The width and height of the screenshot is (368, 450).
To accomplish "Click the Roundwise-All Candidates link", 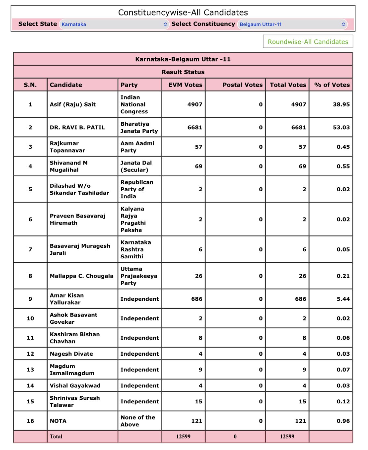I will pos(308,42).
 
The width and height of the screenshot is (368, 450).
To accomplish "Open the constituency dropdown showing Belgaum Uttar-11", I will pos(292,24).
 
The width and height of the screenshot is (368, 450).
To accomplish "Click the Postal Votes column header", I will pos(242,85).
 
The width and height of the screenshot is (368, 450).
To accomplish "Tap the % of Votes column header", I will pos(332,85).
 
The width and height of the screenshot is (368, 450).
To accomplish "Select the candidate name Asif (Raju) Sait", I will pos(73,104).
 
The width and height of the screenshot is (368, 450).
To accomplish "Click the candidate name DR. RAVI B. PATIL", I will pos(77,128).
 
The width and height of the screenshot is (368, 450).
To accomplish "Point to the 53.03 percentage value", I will pos(341,128).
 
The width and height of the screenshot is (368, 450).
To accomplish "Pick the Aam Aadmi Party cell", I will pos(137,147).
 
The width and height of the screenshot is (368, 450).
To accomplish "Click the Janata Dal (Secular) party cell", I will pos(136,166).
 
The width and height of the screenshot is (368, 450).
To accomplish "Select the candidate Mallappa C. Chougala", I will pos(81,276).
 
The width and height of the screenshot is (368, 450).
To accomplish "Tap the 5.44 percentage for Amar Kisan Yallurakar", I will pos(343,299).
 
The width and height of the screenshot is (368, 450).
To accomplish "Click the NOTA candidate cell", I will pos(58,421).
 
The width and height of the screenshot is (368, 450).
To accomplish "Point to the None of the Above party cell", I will pos(138,421).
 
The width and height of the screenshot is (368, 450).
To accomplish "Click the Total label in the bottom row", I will pos(56,436).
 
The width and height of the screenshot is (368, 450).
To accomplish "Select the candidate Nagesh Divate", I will pos(71,354).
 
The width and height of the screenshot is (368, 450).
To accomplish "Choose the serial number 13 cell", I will pos(30,370).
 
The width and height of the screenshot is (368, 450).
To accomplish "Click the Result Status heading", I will pos(183,72).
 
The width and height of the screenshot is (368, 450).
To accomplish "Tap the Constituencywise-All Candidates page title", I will pos(183,13).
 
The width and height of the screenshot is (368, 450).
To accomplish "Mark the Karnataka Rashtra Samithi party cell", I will pos(136,249).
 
